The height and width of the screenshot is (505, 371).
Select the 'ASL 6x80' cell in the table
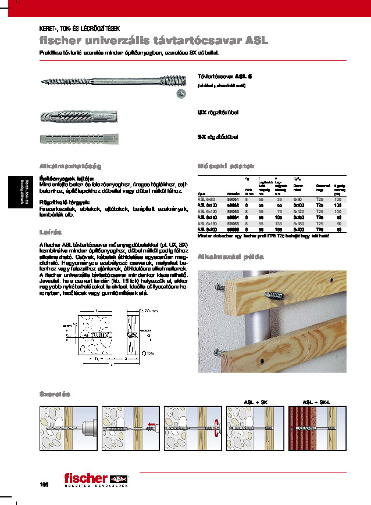(x=206, y=199)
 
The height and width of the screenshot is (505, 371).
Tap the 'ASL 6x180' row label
(x=208, y=223)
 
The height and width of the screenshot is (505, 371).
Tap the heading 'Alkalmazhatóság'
(x=62, y=165)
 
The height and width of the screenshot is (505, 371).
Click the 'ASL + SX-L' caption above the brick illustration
(x=316, y=402)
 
